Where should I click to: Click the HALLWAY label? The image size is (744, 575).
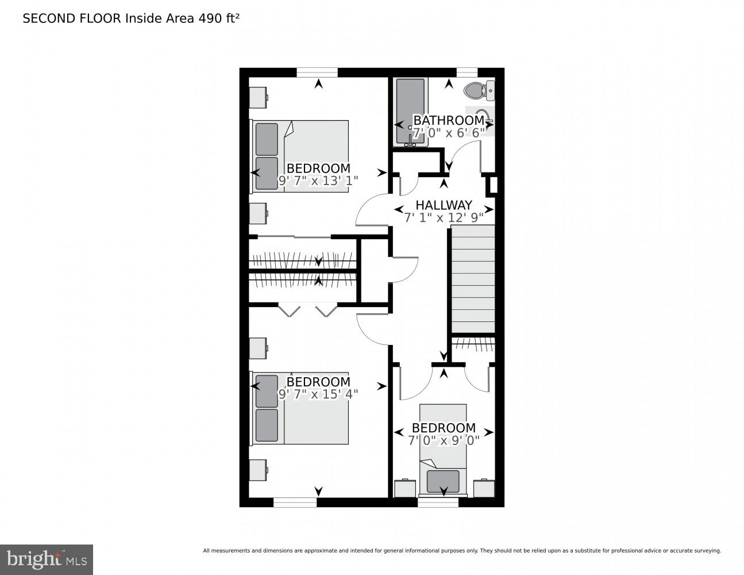point(444,205)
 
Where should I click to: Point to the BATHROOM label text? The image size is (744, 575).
point(449,120)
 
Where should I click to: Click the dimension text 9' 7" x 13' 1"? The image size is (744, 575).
point(318,181)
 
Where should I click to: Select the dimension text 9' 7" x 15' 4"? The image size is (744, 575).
point(318,394)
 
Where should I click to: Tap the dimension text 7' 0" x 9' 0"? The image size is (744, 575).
point(444,440)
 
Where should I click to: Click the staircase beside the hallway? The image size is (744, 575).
point(472,279)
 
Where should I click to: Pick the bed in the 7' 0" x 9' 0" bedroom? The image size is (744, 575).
point(443,448)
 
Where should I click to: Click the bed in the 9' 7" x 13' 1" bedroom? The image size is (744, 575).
point(300,156)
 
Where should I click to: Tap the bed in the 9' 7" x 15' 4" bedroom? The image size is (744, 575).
point(300,408)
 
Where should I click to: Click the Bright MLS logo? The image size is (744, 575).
point(46,559)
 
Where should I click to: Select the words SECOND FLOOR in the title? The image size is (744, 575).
point(72,18)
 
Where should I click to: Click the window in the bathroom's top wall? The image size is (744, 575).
point(467,72)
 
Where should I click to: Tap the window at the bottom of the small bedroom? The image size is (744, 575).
point(438,503)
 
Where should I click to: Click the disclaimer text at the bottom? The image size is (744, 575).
point(461,551)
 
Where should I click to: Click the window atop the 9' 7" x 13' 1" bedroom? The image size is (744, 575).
point(317,72)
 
